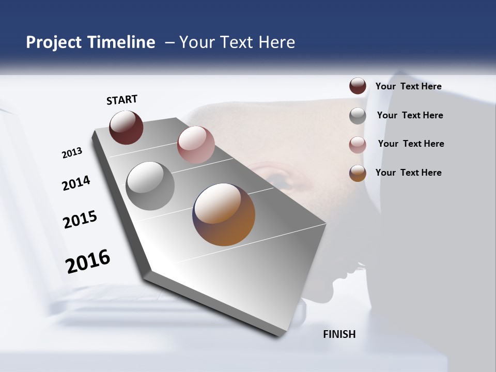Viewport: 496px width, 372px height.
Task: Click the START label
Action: (122, 100)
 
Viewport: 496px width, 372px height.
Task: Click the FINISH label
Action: (339, 334)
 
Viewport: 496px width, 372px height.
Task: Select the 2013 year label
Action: (72, 153)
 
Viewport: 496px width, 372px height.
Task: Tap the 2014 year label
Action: (76, 183)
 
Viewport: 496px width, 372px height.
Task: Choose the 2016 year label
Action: (88, 261)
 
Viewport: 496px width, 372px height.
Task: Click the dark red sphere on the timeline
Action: (126, 127)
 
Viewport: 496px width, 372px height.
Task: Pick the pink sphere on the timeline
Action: (196, 145)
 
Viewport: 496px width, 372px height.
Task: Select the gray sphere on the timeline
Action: (150, 186)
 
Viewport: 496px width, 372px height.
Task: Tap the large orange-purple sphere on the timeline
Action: (224, 214)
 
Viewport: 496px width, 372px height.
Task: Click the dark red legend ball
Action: (358, 86)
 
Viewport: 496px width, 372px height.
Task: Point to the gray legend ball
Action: (358, 116)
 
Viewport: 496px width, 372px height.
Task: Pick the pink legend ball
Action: (358, 145)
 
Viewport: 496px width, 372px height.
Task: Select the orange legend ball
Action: (358, 173)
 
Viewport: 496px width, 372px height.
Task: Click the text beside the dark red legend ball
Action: (408, 87)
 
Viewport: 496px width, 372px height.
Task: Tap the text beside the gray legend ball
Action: (410, 115)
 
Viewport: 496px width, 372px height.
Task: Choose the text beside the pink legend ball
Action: (411, 144)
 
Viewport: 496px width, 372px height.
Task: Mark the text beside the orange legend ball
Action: (408, 173)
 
